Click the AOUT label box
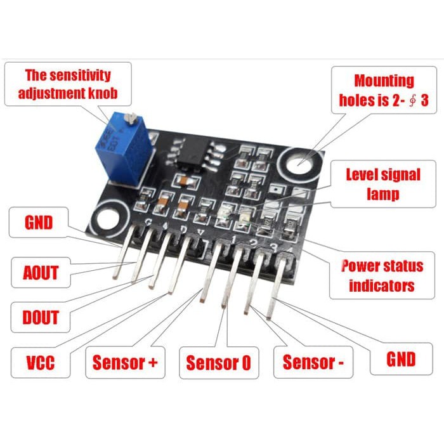pyautogui.click(x=41, y=272)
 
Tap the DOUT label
pyautogui.click(x=40, y=317)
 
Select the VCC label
pyautogui.click(x=40, y=363)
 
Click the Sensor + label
pyautogui.click(x=125, y=362)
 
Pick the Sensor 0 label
pyautogui.click(x=219, y=363)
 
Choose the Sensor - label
pyautogui.click(x=313, y=362)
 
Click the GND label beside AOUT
pyautogui.click(x=39, y=222)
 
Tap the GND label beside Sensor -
pyautogui.click(x=402, y=359)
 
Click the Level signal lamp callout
pyautogui.click(x=383, y=184)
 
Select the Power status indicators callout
pyautogui.click(x=382, y=275)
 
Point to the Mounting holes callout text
pyautogui.click(x=384, y=90)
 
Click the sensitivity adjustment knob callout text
pyautogui.click(x=68, y=84)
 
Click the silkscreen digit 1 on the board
pyautogui.click(x=233, y=240)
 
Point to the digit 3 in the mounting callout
pyautogui.click(x=424, y=100)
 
